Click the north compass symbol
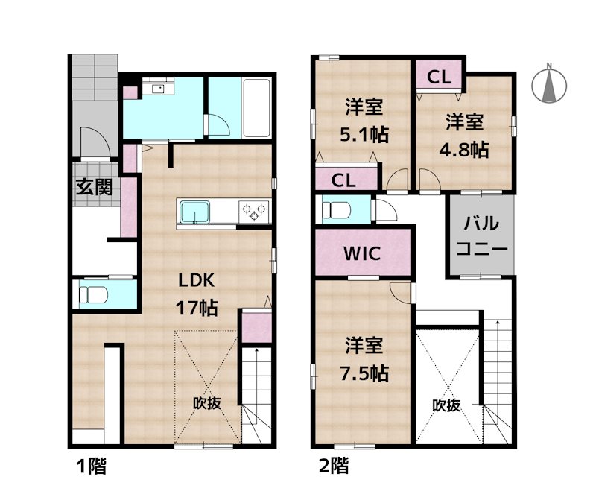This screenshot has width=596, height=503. point(549,83)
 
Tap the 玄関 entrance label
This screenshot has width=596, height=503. point(94,186)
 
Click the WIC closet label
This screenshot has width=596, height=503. point(362,253)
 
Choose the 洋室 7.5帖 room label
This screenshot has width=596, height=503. point(364,359)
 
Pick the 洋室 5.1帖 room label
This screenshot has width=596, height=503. point(364,121)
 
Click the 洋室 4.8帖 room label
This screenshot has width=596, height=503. point(466,134)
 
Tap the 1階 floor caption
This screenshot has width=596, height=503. point(92,467)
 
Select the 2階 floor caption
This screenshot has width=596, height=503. point(333,467)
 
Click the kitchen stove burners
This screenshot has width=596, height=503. point(253,211)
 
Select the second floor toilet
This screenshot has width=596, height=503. point(336,209)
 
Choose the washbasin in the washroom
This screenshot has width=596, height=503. point(158,89)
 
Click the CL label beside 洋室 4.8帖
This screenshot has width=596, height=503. point(439,75)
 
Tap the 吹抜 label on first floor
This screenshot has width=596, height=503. point(207,403)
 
